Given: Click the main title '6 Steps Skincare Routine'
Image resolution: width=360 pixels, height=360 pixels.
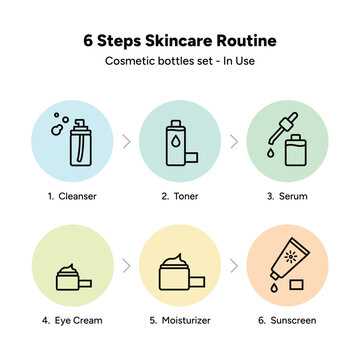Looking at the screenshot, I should click(180, 42).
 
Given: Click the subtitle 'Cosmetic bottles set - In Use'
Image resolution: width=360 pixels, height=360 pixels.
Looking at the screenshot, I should click(180, 62).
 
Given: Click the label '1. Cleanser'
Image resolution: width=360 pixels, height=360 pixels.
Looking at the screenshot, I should click(71, 197).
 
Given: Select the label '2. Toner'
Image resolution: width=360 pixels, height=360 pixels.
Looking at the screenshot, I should click(179, 197).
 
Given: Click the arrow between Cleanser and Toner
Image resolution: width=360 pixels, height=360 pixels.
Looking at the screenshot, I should click(126, 141).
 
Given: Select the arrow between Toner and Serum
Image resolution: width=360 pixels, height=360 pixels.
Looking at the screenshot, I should click(233, 141).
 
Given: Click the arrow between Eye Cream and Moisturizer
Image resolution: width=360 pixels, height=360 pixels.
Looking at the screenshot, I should click(126, 267).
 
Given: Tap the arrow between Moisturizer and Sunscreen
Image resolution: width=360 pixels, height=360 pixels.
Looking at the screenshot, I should click(233, 267).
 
